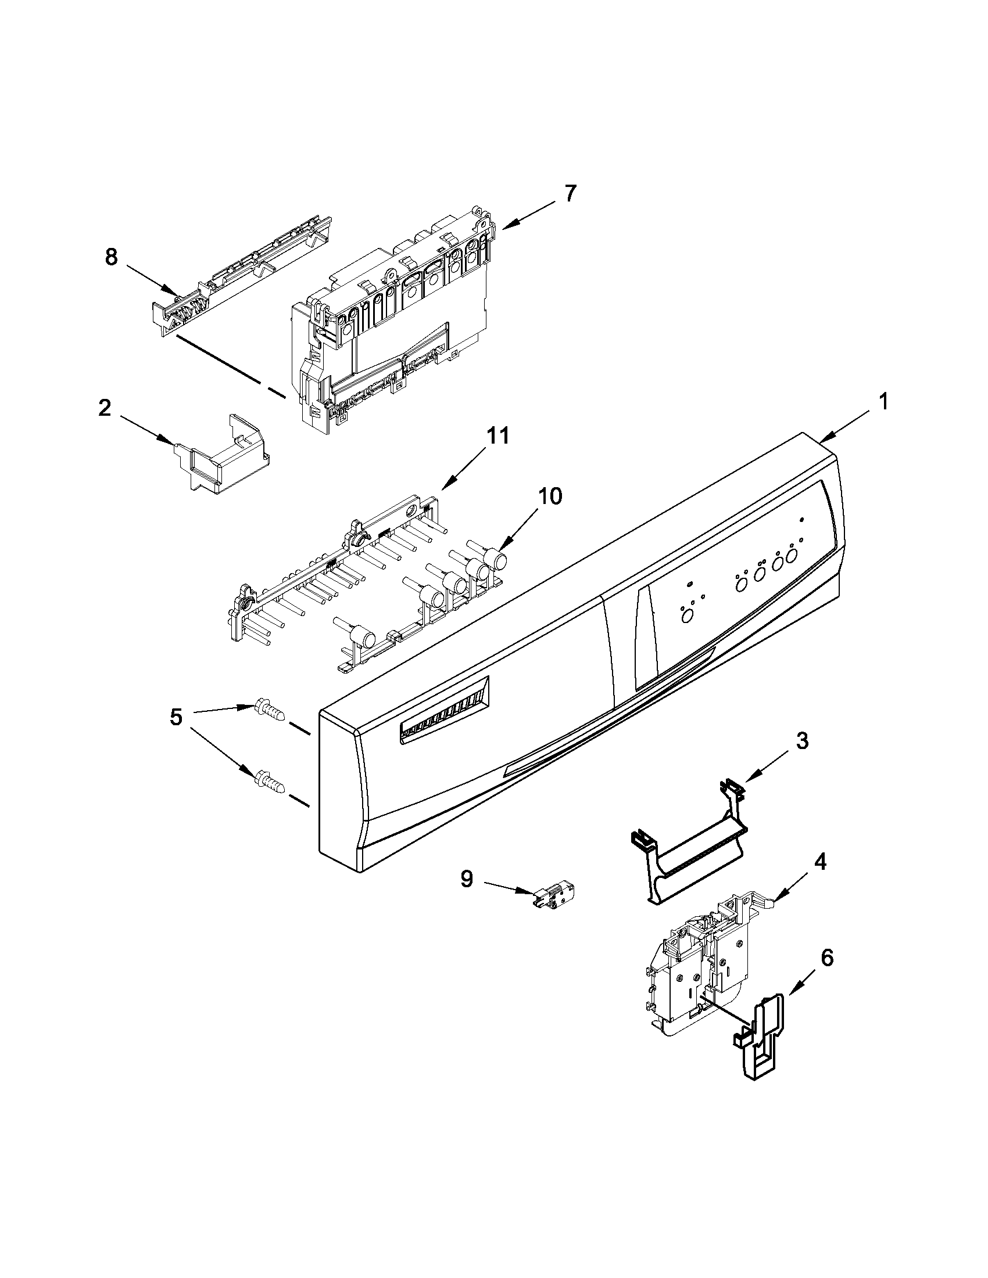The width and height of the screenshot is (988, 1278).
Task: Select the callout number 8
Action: coord(110,257)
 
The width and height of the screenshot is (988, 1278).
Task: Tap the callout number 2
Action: coord(104,408)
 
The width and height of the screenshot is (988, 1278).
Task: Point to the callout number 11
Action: coord(497,436)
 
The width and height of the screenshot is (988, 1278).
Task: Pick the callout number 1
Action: coord(883,401)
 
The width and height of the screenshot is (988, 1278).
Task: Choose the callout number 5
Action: coord(176,718)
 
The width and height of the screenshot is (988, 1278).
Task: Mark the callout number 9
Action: coord(466,895)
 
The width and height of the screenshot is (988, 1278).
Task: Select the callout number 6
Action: coord(826,958)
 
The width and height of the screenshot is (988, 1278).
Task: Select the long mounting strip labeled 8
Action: coord(240,270)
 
